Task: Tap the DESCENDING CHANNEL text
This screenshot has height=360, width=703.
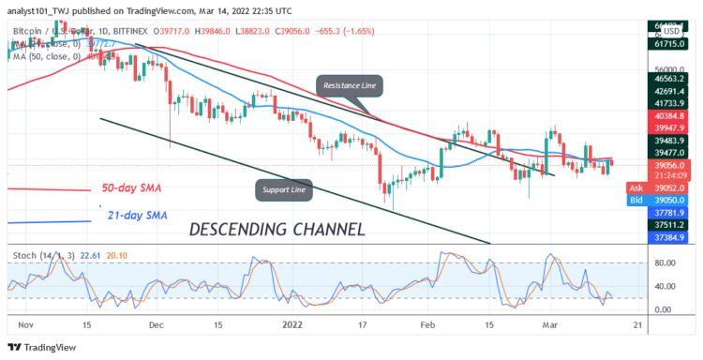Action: (277, 228)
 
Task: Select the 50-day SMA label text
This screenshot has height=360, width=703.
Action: (130, 188)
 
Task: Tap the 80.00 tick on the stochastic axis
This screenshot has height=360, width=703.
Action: (664, 263)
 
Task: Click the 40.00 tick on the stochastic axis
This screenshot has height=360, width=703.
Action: (664, 287)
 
